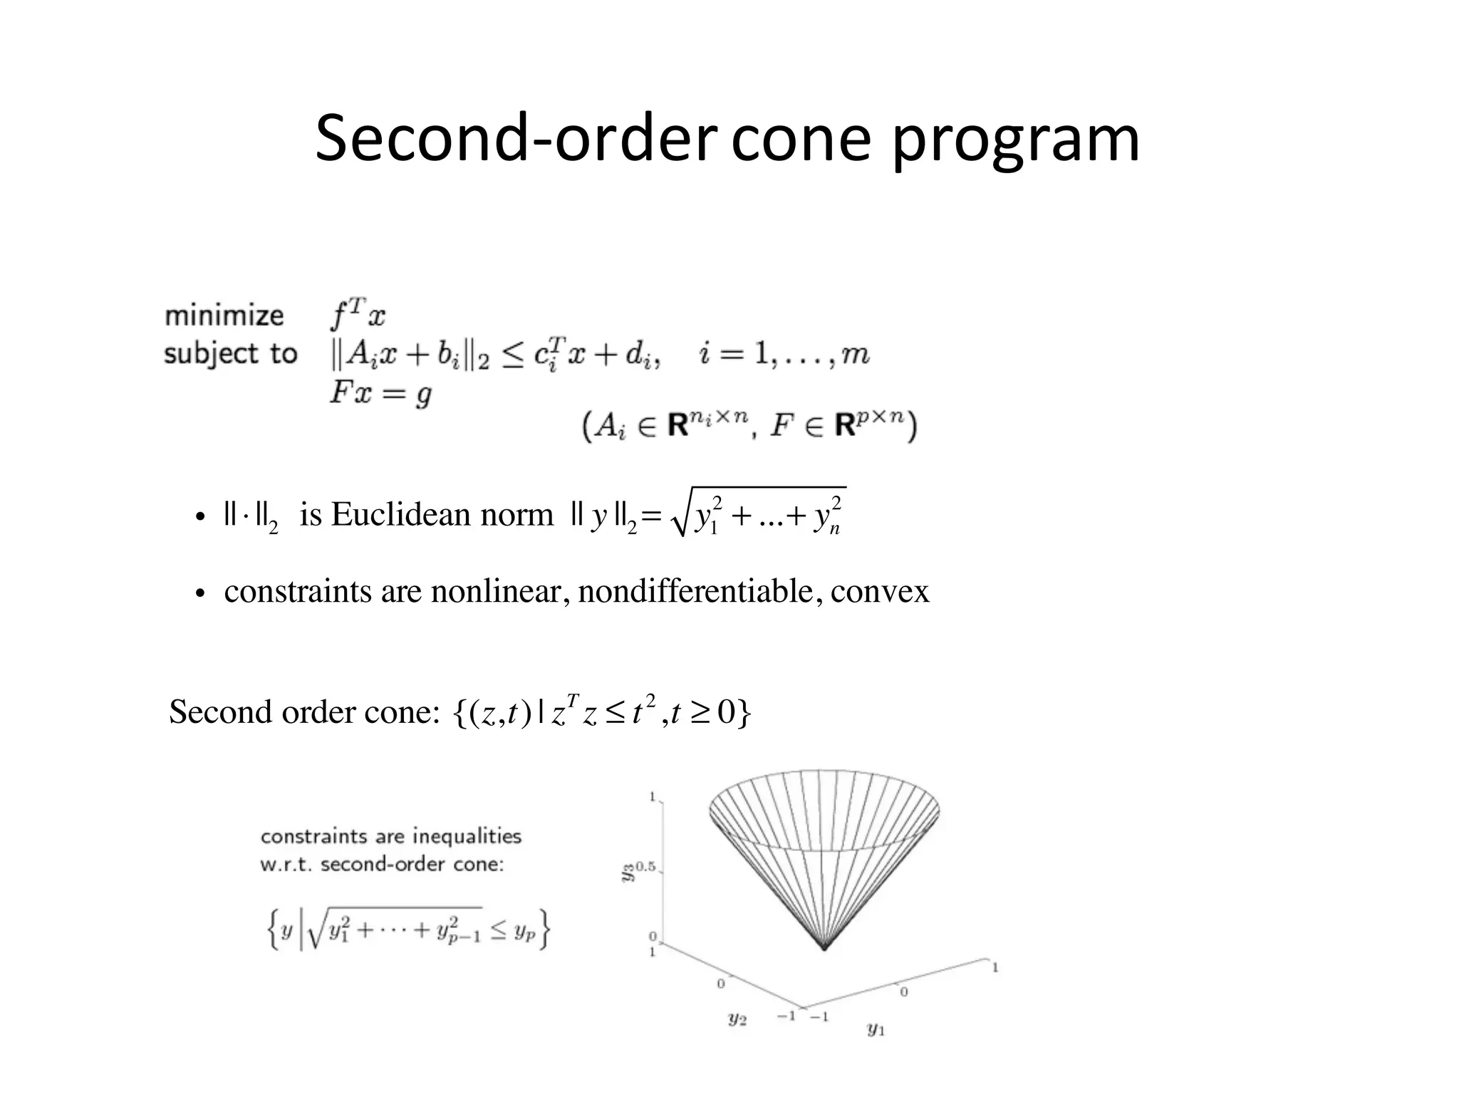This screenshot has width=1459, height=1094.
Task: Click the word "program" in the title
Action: pos(1015,141)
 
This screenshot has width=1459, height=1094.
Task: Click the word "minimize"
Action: pos(224,316)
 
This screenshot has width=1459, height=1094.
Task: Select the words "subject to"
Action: pos(230,354)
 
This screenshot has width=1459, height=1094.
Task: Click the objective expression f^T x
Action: pos(358,314)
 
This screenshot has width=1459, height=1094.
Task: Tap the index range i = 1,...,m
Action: pos(784,354)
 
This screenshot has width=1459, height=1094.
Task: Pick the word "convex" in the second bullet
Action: pos(880,592)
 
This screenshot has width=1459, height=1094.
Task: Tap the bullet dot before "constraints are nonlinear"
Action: pos(200,594)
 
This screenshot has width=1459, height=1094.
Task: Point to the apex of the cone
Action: pos(824,949)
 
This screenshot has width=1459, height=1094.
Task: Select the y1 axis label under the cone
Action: pos(876,1028)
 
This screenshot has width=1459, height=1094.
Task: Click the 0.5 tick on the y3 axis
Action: pos(645,868)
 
